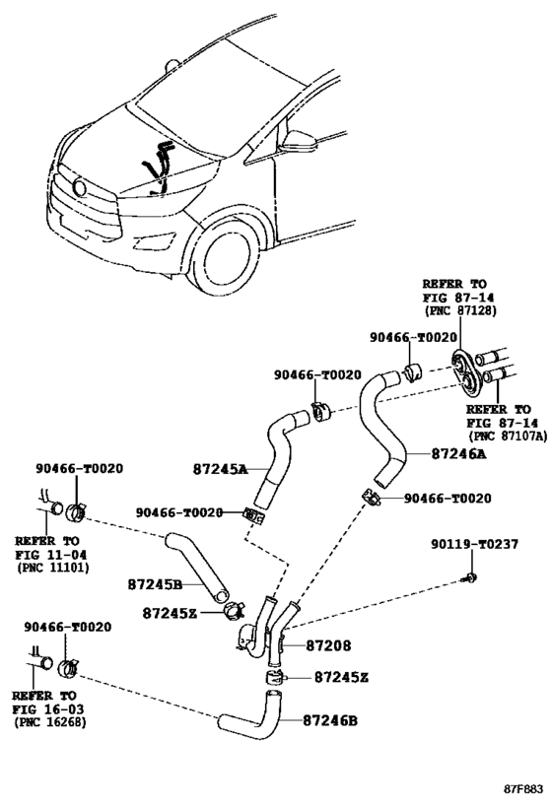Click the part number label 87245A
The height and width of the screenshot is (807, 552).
click(x=221, y=469)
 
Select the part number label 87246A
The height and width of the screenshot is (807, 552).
click(x=458, y=454)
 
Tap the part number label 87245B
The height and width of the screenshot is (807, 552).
click(x=155, y=585)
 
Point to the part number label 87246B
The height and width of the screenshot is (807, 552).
click(x=329, y=720)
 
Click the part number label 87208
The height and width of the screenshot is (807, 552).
click(x=328, y=645)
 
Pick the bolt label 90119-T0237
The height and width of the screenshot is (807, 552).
click(x=475, y=544)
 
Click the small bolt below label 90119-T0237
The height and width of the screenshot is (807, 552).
click(x=470, y=577)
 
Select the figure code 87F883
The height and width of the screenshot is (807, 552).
click(x=523, y=789)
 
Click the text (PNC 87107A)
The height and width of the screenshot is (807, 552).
click(x=508, y=437)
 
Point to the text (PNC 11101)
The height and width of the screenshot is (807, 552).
click(x=53, y=568)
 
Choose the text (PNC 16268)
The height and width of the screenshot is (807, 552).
click(x=50, y=722)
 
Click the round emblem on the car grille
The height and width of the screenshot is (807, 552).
click(x=79, y=188)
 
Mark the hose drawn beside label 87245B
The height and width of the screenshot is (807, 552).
click(x=197, y=568)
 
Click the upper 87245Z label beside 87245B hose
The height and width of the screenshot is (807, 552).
click(x=170, y=613)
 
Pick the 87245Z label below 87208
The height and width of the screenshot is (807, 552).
click(x=341, y=677)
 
